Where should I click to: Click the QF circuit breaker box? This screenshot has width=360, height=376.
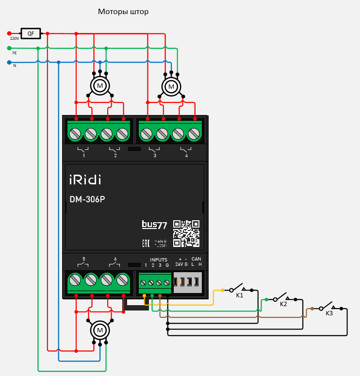(x=31, y=33)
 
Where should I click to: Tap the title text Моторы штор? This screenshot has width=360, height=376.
(x=123, y=12)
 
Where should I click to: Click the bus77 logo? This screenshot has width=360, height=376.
(x=154, y=225)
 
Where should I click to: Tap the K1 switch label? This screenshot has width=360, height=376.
(x=240, y=295)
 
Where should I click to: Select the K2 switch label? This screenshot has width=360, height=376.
(x=283, y=304)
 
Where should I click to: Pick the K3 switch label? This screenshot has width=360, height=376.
(x=329, y=313)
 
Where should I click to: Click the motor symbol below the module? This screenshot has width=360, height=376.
(x=100, y=330)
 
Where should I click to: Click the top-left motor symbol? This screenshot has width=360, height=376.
(x=100, y=86)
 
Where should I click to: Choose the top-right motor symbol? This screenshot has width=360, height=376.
(x=171, y=86)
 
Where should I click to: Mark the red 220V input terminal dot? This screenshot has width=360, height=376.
(x=9, y=33)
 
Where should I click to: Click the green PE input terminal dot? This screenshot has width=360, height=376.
(x=9, y=48)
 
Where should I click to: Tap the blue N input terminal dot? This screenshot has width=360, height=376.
(x=9, y=62)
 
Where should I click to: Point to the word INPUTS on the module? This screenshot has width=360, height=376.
(x=158, y=260)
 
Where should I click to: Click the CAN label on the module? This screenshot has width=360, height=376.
(x=196, y=259)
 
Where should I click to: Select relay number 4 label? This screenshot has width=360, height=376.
(x=186, y=156)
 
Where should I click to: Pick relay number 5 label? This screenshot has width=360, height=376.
(x=84, y=259)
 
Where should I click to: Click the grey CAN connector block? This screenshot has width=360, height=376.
(x=187, y=282)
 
